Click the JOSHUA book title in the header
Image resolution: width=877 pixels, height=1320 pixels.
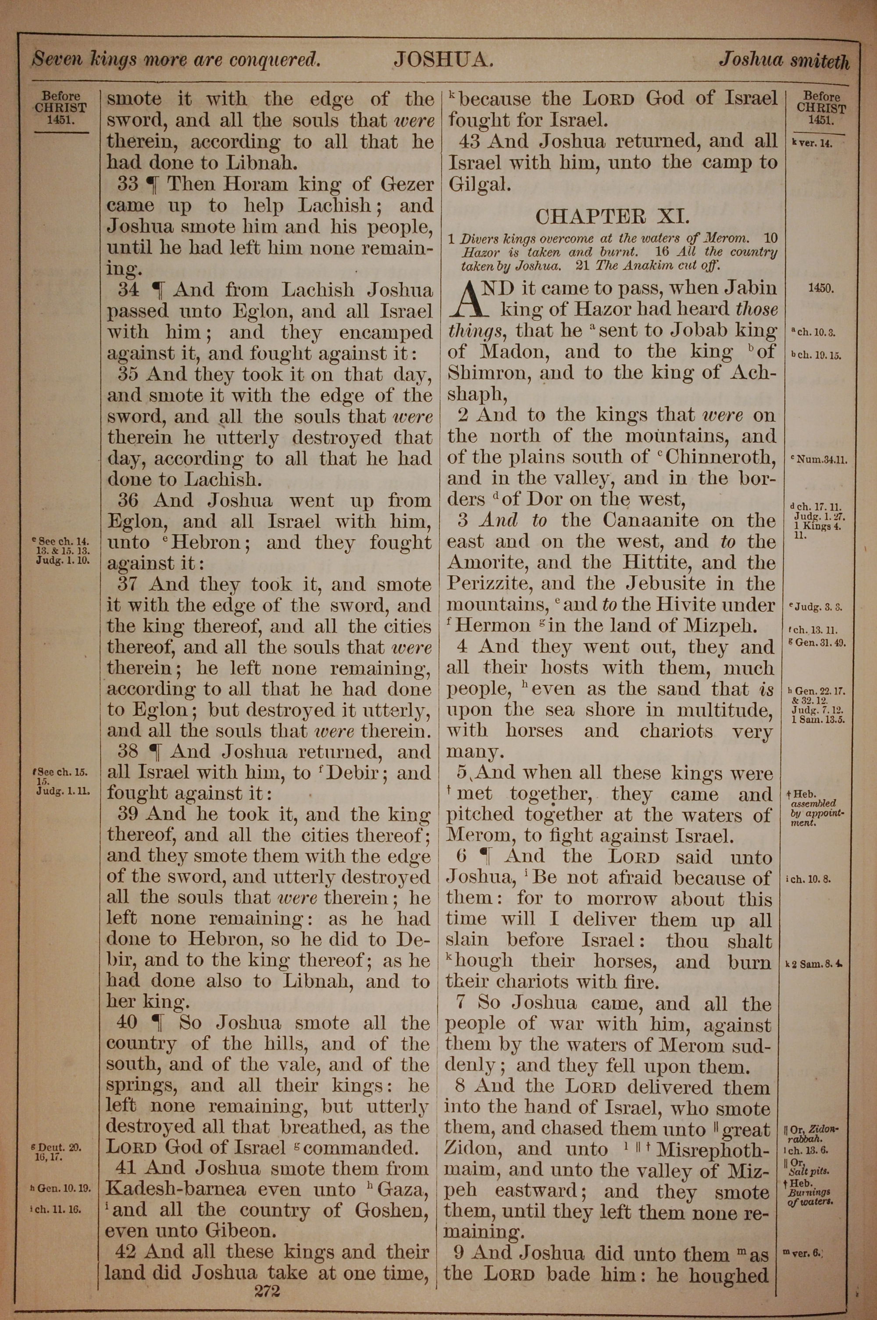click(442, 59)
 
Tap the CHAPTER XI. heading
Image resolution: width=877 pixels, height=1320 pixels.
click(613, 216)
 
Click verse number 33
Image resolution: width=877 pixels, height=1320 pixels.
click(128, 184)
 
